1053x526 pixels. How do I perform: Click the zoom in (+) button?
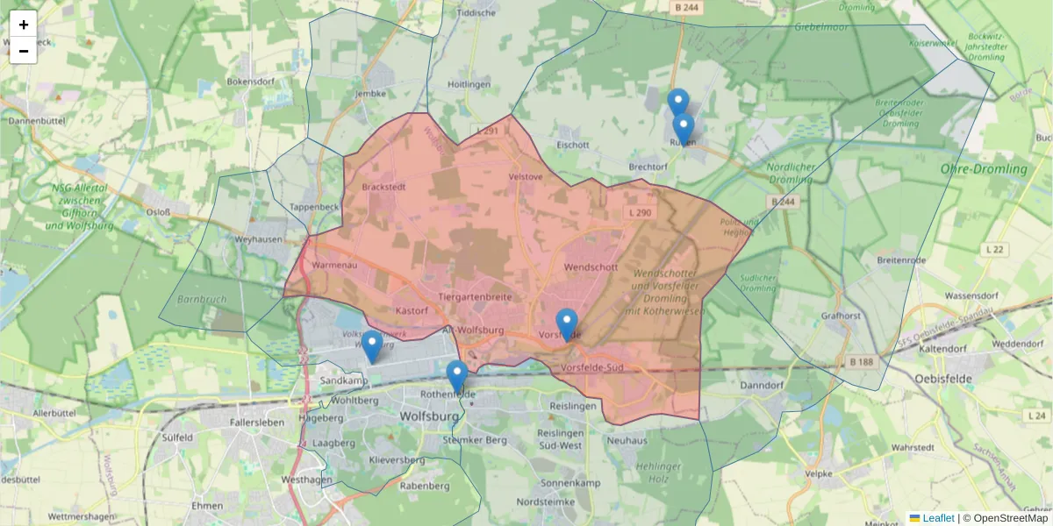click(24, 25)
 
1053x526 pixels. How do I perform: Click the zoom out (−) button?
click(24, 51)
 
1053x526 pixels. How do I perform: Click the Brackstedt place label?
click(383, 187)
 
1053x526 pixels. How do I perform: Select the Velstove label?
click(526, 176)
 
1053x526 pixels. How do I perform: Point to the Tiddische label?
click(476, 13)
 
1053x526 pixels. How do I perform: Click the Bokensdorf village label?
click(252, 82)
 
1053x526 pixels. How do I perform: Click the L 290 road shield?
click(640, 213)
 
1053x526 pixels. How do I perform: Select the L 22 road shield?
click(994, 250)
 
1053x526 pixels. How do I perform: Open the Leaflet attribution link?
click(937, 518)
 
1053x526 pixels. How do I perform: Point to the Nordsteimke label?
click(546, 501)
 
